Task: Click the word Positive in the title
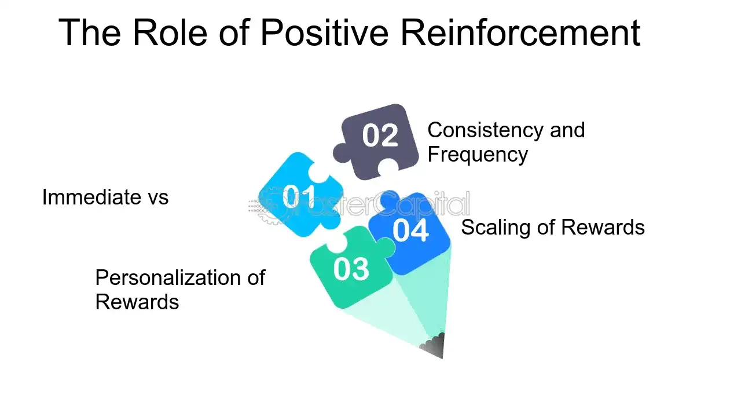click(x=324, y=32)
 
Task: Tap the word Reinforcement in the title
click(x=520, y=32)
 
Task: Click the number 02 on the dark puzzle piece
click(x=380, y=136)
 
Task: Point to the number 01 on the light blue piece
click(x=299, y=197)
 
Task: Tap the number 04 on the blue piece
click(x=410, y=230)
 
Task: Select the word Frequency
click(x=478, y=155)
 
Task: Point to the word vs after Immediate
click(x=155, y=197)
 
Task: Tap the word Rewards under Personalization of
click(x=137, y=302)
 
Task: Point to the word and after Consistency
click(x=567, y=130)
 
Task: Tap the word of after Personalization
click(x=256, y=278)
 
